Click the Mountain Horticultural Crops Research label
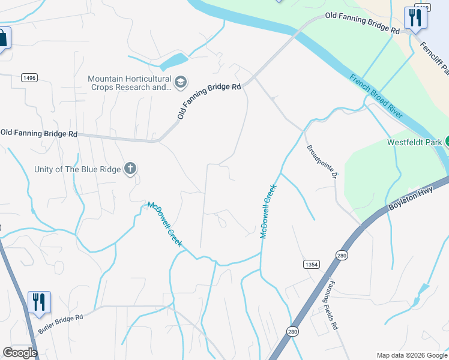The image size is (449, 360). click(129, 83)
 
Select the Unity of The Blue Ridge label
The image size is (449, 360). click(78, 169)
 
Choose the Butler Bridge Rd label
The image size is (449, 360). click(60, 323)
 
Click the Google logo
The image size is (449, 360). click(20, 353)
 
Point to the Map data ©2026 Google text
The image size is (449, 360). click(412, 355)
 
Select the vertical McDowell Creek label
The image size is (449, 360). click(268, 211)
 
